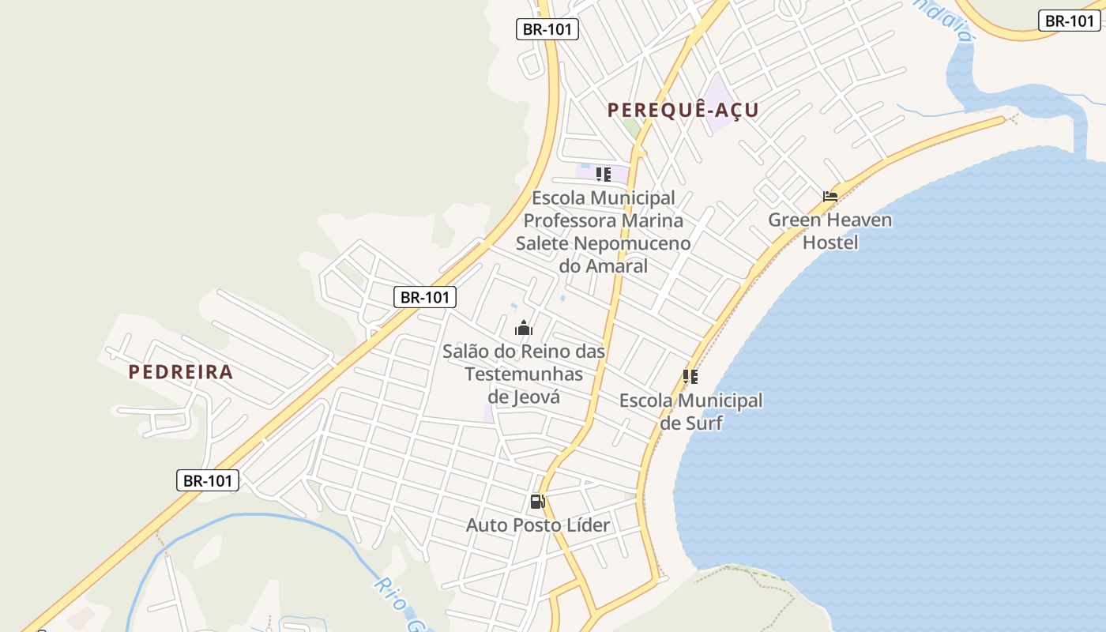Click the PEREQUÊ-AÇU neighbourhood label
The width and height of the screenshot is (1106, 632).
tap(683, 110)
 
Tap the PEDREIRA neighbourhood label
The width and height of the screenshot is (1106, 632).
tap(181, 371)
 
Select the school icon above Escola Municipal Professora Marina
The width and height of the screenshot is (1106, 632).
tap(604, 175)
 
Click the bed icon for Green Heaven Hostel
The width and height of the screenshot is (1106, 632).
tap(829, 197)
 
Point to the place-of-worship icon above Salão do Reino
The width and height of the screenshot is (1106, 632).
tap(524, 328)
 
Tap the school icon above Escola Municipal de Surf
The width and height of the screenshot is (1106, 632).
tap(690, 377)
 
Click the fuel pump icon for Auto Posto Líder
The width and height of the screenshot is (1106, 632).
tap(538, 501)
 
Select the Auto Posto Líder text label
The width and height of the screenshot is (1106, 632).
tap(538, 525)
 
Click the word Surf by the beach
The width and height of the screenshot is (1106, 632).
tap(703, 423)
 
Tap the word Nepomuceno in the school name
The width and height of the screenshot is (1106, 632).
tap(632, 243)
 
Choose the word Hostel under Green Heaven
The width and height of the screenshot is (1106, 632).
tap(830, 242)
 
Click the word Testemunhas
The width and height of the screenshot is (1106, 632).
tap(524, 373)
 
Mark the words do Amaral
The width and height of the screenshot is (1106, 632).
tap(604, 265)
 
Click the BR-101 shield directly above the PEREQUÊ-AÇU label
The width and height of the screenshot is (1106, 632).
tap(548, 30)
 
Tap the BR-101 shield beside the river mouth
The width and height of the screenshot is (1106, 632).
tap(1069, 21)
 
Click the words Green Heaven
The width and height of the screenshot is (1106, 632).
tap(830, 220)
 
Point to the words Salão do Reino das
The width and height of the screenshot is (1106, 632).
tap(524, 351)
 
